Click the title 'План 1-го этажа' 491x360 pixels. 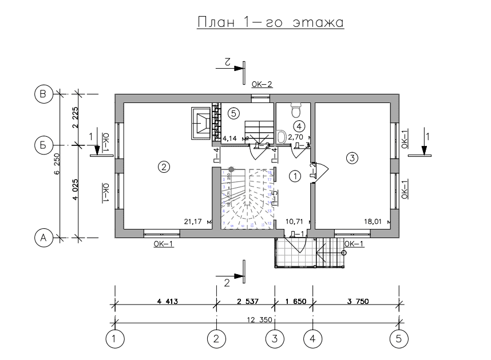(x=270, y=23)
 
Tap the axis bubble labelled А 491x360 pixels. (x=42, y=237)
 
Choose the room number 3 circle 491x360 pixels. (x=352, y=157)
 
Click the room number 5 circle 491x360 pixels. (x=232, y=113)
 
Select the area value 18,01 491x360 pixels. (x=373, y=221)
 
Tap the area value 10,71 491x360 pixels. (x=294, y=221)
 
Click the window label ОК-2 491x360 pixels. (x=262, y=85)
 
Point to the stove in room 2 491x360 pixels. (x=202, y=122)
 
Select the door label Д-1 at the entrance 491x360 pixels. (x=296, y=234)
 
